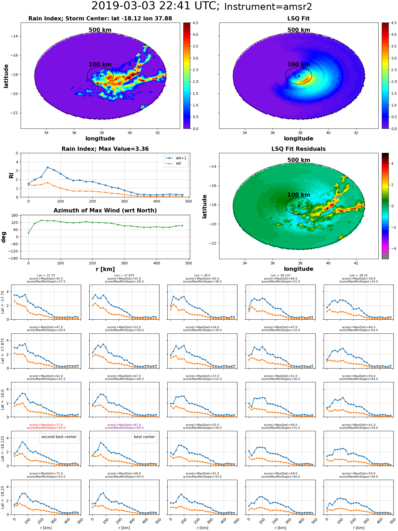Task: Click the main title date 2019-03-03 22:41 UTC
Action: (x=155, y=6)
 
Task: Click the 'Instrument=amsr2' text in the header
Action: (x=268, y=7)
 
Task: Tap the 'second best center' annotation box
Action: (x=59, y=437)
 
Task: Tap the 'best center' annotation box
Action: (x=144, y=437)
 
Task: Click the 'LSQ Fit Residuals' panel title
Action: (x=298, y=149)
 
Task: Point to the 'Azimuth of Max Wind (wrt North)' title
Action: (x=105, y=211)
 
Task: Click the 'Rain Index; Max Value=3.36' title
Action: (x=105, y=149)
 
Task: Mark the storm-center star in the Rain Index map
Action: (x=100, y=76)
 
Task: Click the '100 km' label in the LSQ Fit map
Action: (x=299, y=65)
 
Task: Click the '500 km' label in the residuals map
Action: (x=299, y=160)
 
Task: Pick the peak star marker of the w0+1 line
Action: (x=47, y=167)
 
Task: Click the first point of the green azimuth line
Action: (x=28, y=233)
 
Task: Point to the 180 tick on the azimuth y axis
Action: (x=15, y=215)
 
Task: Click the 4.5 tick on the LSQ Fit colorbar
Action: (x=394, y=23)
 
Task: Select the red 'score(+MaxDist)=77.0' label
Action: (x=46, y=425)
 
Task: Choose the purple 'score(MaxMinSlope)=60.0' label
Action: (x=124, y=428)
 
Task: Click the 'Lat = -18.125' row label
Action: (x=3, y=448)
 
